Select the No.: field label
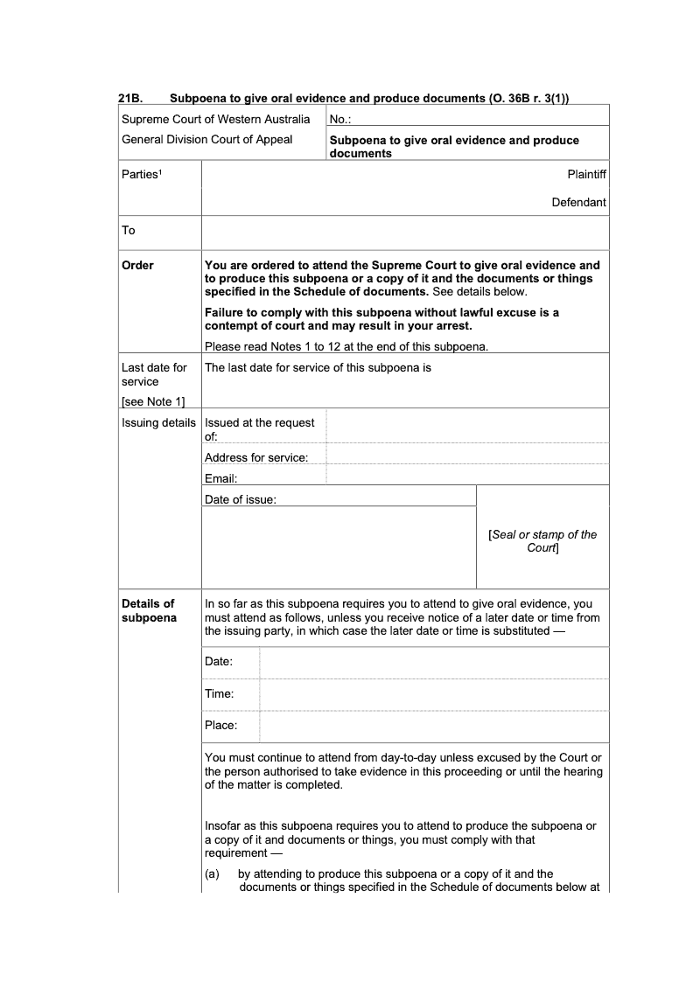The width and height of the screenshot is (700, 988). [340, 120]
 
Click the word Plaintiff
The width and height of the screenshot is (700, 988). [586, 175]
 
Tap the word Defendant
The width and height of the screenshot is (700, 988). [578, 203]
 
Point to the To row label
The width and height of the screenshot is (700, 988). [129, 231]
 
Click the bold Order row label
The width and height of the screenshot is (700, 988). [137, 266]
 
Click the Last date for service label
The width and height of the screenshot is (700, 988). [154, 375]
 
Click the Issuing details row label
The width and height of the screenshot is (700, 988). [158, 423]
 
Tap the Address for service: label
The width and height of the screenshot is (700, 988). [255, 458]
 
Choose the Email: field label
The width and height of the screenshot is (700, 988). [220, 478]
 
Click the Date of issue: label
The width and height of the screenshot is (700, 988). [240, 499]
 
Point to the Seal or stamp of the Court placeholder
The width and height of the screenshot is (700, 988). [542, 541]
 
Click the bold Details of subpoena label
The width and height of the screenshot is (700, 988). [148, 610]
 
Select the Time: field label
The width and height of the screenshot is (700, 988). [219, 694]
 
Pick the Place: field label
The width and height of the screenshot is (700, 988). [220, 726]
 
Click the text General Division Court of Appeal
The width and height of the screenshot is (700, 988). [207, 140]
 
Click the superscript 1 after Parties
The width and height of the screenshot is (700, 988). [161, 172]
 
